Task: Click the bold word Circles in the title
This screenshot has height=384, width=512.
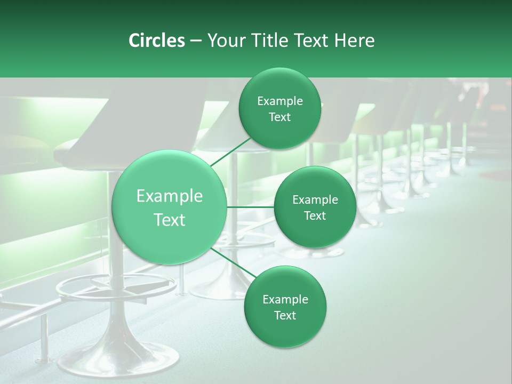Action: [156, 41]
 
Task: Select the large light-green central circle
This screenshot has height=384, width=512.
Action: [170, 207]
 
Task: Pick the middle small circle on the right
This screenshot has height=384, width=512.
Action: [315, 207]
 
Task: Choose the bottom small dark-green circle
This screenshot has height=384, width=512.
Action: [285, 307]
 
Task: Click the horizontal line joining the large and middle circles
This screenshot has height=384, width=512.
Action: [251, 207]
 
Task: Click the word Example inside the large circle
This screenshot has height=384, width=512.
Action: [170, 196]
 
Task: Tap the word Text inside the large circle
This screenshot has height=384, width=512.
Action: [170, 220]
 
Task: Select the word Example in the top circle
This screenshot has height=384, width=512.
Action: [280, 101]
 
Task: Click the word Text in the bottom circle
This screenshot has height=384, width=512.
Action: [285, 315]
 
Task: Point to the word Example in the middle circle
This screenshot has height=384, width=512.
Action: [315, 200]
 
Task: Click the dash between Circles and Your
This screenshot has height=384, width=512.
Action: [195, 41]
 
